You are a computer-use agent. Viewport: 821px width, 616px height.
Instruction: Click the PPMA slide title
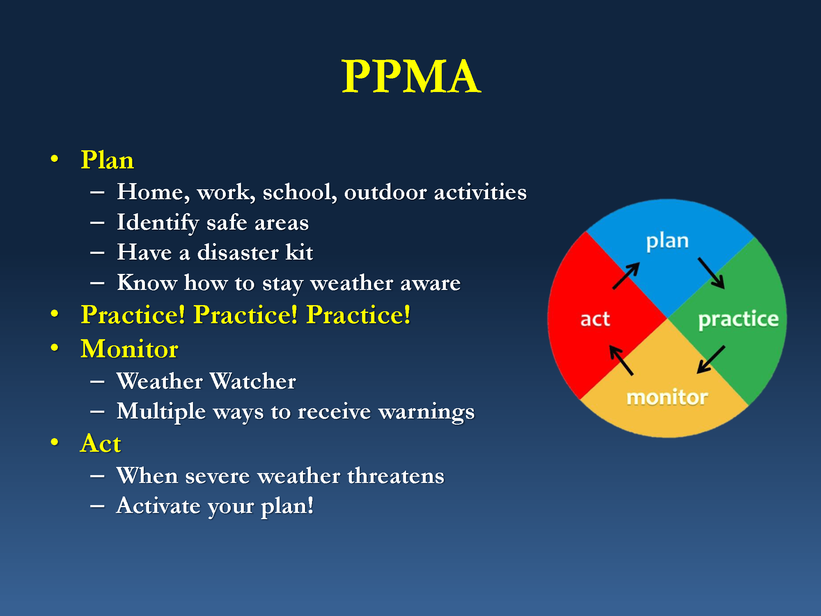coord(411,76)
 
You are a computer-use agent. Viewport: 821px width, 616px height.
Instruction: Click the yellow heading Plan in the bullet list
coord(107,160)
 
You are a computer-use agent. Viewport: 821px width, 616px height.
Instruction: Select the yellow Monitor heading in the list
coord(129,349)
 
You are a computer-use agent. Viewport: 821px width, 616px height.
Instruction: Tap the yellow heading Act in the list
coord(101,444)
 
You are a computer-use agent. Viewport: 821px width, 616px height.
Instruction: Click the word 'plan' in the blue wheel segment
coord(667,242)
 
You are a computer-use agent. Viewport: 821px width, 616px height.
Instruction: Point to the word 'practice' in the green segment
coord(738,320)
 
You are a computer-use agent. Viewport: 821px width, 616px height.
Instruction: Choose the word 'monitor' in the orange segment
coord(667,397)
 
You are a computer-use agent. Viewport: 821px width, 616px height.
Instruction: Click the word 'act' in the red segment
coord(595,319)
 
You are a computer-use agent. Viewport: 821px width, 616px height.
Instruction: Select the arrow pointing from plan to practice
coord(711,273)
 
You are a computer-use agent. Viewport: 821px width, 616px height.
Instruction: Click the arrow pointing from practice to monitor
coord(711,360)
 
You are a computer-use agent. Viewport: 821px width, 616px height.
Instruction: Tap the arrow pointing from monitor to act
coord(621,360)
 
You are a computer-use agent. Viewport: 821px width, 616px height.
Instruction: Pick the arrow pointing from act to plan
coord(626,276)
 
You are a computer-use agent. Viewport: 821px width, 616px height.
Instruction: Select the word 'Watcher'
coord(253,381)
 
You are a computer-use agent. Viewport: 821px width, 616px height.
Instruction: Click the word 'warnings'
coord(427,412)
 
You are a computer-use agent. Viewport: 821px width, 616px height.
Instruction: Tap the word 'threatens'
coord(396,476)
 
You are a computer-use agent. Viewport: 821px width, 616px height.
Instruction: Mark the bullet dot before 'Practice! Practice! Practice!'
coord(55,314)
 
